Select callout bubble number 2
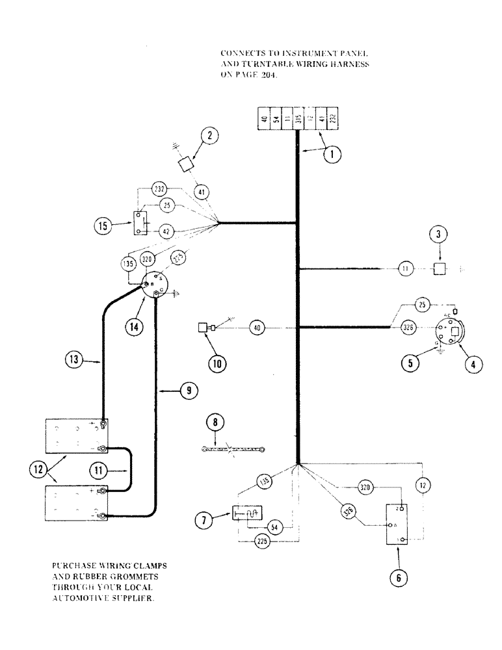point(209,136)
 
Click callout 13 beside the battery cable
point(74,357)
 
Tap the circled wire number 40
point(258,329)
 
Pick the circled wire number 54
point(275,528)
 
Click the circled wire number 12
point(424,485)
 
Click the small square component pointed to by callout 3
point(441,268)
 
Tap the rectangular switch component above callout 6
point(397,524)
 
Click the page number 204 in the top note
point(272,75)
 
